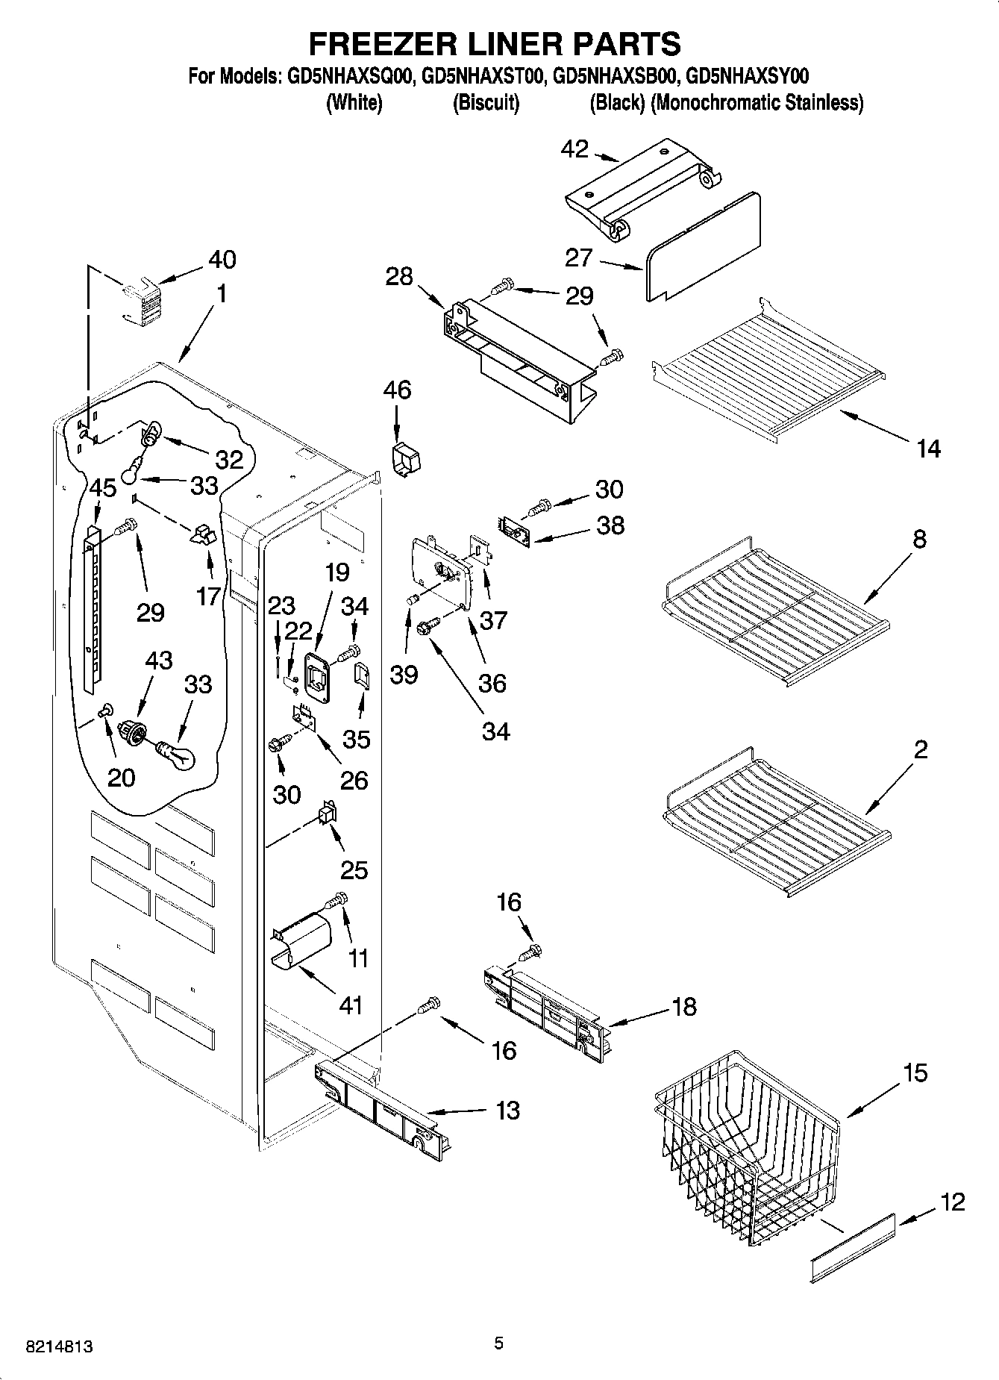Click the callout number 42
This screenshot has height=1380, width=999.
pos(575,149)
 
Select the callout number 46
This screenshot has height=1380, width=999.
pos(397,390)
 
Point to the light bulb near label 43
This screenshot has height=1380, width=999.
pos(177,754)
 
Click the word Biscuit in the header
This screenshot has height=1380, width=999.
pos(486,103)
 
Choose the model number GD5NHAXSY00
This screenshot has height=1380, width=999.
pos(747,76)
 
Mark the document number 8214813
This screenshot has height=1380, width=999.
pos(60,1347)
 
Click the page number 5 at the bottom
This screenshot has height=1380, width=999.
pos(498,1343)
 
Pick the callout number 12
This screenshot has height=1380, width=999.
pos(953,1202)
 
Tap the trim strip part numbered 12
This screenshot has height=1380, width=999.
pos(852,1245)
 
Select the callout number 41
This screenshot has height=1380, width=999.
pos(351,1005)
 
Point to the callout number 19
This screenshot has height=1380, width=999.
pos(337,572)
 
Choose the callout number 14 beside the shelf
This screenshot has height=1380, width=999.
pos(928,449)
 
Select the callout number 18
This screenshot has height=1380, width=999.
pos(683,1006)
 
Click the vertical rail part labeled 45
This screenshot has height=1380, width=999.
pos(91,605)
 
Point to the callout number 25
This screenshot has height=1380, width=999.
pos(354,869)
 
